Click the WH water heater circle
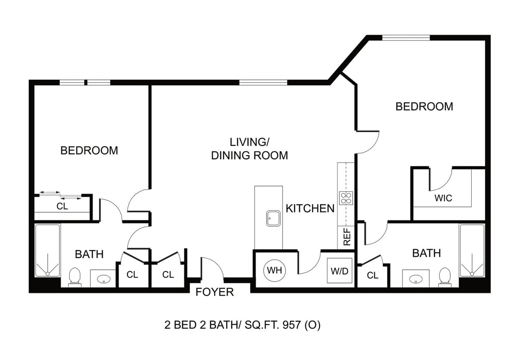tap(274, 270)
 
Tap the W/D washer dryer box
tap(339, 270)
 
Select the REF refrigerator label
tap(347, 237)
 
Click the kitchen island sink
tap(274, 218)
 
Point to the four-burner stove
tap(346, 198)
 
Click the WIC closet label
tap(443, 198)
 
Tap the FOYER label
tap(215, 292)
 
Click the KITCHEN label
tap(310, 209)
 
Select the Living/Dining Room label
tap(249, 149)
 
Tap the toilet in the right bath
tap(445, 277)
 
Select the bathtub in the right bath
tap(472, 250)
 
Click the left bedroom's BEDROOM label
tap(89, 151)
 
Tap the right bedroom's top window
tap(406, 38)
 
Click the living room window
tap(263, 82)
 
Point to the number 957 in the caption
tap(291, 325)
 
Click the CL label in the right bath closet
tap(373, 275)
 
